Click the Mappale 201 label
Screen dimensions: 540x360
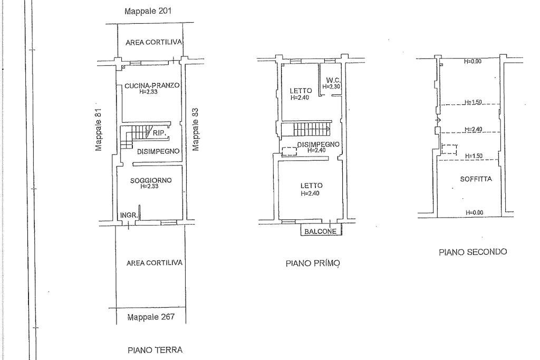148,11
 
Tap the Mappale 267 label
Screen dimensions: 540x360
151,317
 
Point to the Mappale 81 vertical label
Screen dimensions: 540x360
99,130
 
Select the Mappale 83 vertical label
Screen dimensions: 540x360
195,130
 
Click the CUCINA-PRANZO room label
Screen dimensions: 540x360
152,85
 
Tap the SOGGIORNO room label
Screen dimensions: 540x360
151,180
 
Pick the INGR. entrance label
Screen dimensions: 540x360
129,216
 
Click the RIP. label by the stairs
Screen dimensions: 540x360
159,132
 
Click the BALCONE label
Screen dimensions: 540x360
320,231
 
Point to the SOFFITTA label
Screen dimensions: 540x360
476,179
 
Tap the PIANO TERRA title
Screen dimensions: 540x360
155,351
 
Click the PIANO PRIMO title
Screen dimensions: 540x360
313,264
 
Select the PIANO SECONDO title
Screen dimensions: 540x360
473,252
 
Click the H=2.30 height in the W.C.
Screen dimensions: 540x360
331,87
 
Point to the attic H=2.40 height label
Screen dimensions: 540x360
474,130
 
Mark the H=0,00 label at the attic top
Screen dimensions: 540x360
473,62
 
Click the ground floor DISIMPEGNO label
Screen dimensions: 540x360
158,151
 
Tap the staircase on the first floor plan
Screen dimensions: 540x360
306,130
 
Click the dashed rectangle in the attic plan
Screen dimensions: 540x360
449,149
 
